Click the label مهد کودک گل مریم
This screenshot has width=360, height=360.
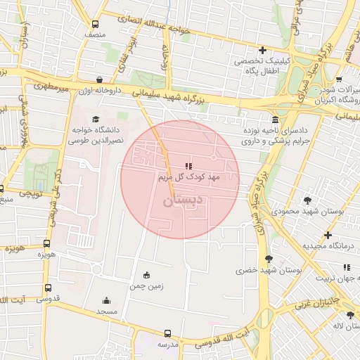(x=188, y=177)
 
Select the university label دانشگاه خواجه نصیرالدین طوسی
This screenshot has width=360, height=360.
(x=94, y=136)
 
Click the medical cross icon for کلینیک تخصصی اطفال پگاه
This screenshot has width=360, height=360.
(x=262, y=50)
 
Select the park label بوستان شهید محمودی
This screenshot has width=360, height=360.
(x=310, y=211)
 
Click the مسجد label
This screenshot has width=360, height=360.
(x=106, y=311)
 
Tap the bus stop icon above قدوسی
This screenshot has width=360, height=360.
(x=48, y=288)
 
